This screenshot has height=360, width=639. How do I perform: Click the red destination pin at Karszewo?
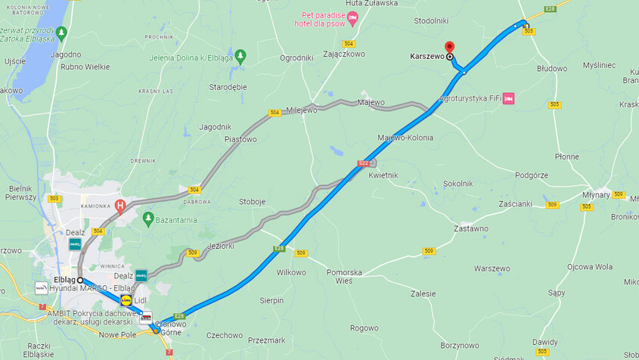[x=449, y=47]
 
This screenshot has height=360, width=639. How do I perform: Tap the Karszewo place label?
[x=427, y=56]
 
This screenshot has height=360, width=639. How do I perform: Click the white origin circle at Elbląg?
[x=80, y=280]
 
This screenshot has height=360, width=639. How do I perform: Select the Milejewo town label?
[x=302, y=110]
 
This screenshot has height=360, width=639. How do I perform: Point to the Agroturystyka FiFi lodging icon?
[x=508, y=98]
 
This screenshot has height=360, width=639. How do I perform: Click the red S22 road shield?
[x=364, y=163]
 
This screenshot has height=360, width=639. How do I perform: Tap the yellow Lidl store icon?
[x=126, y=300]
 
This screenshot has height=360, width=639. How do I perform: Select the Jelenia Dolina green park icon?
[x=240, y=55]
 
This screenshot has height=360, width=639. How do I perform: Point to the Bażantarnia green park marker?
[x=148, y=219]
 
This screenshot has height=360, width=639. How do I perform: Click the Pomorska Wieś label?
[x=344, y=276]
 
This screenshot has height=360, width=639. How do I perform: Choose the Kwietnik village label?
[x=383, y=175]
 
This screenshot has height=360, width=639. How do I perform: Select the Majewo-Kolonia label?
[x=405, y=138]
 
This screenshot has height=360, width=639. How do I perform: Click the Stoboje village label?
[x=252, y=202]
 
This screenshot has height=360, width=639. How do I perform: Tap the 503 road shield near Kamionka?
[x=54, y=199]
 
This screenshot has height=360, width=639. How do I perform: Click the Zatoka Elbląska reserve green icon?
[x=61, y=33]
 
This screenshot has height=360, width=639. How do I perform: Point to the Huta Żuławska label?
[x=371, y=3]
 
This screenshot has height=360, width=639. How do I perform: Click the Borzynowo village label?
[x=460, y=345]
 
